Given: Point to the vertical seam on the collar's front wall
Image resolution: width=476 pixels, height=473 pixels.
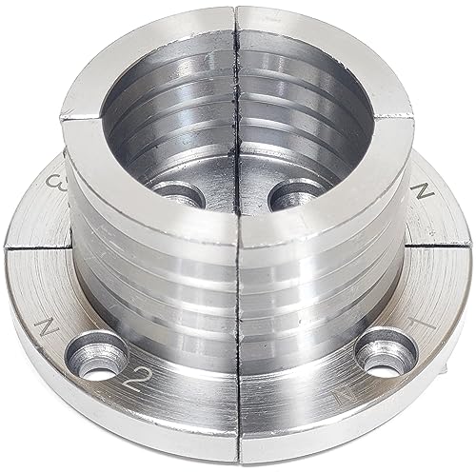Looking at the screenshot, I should (x=237, y=314).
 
